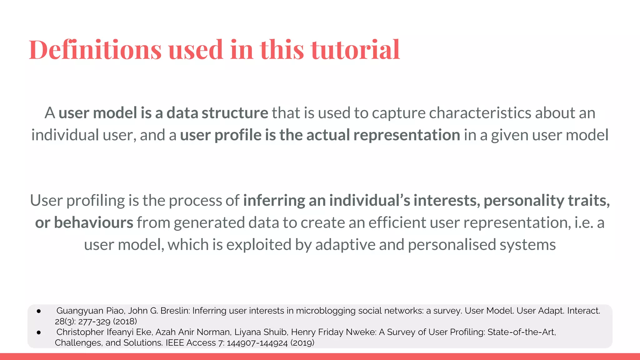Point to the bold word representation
[407, 135]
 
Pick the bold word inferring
[274, 200]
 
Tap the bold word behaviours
[94, 222]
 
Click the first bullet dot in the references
[39, 311]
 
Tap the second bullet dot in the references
[39, 332]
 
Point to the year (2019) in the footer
[302, 342]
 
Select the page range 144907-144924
[257, 342]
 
